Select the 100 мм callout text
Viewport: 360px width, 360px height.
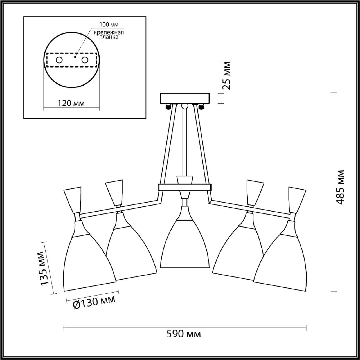109,24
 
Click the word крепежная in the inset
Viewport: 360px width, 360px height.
109,33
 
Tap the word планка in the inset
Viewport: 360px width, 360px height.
109,37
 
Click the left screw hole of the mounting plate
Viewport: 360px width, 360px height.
59,60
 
